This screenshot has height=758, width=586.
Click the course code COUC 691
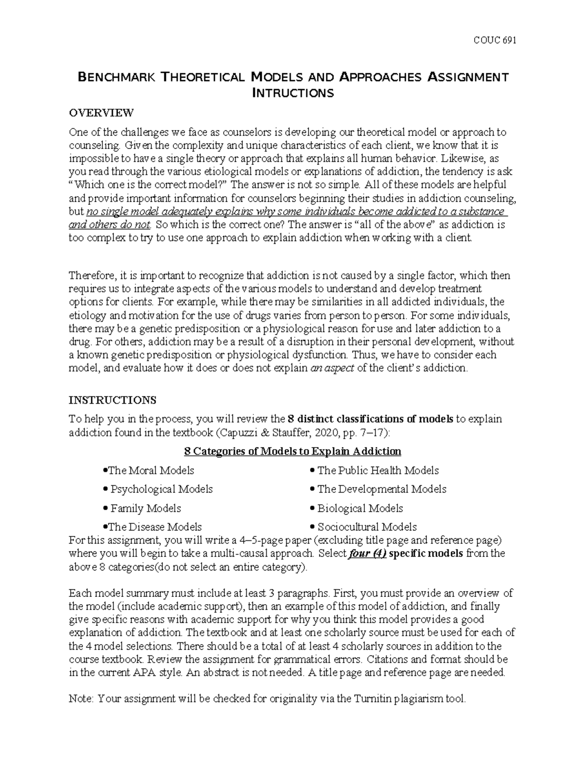pos(495,40)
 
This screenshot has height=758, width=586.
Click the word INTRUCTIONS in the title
pos(293,93)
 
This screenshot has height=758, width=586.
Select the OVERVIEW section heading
pos(101,113)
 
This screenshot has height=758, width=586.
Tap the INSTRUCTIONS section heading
pos(112,400)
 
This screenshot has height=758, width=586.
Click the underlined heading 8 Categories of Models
pos(292,451)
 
